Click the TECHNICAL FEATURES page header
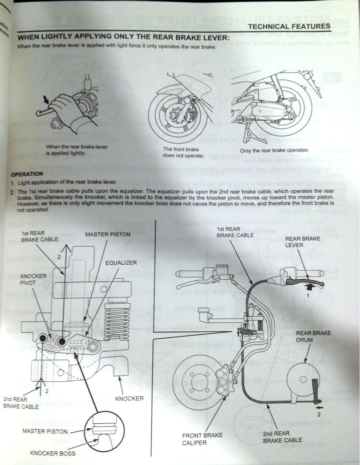coord(289,26)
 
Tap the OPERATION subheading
coord(27,173)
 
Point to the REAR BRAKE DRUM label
coord(314,336)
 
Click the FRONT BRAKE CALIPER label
coord(202,438)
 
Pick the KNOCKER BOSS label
coord(53,453)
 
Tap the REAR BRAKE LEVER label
coord(303,242)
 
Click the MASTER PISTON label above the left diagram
coord(108,234)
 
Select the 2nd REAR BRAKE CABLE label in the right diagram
coord(282,437)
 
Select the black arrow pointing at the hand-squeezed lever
coord(45,99)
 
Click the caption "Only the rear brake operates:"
coord(274,150)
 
